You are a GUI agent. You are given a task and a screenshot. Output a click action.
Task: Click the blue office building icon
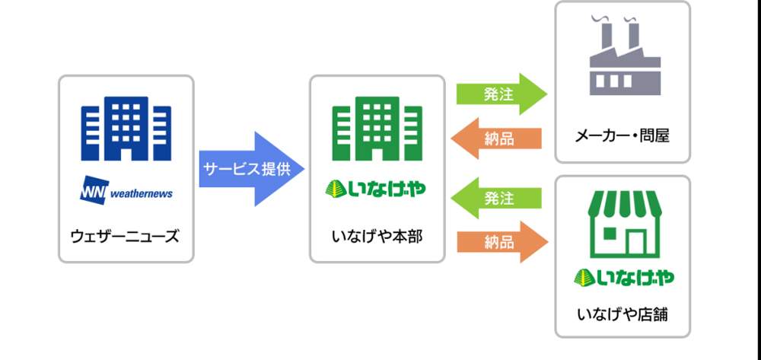pos(126,128)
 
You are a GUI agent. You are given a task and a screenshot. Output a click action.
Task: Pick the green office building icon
pos(377,128)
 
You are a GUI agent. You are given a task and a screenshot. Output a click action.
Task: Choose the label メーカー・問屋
pos(622,137)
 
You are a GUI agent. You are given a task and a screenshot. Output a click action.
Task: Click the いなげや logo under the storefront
pos(623,279)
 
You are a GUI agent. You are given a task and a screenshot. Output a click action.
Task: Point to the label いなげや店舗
pos(622,313)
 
